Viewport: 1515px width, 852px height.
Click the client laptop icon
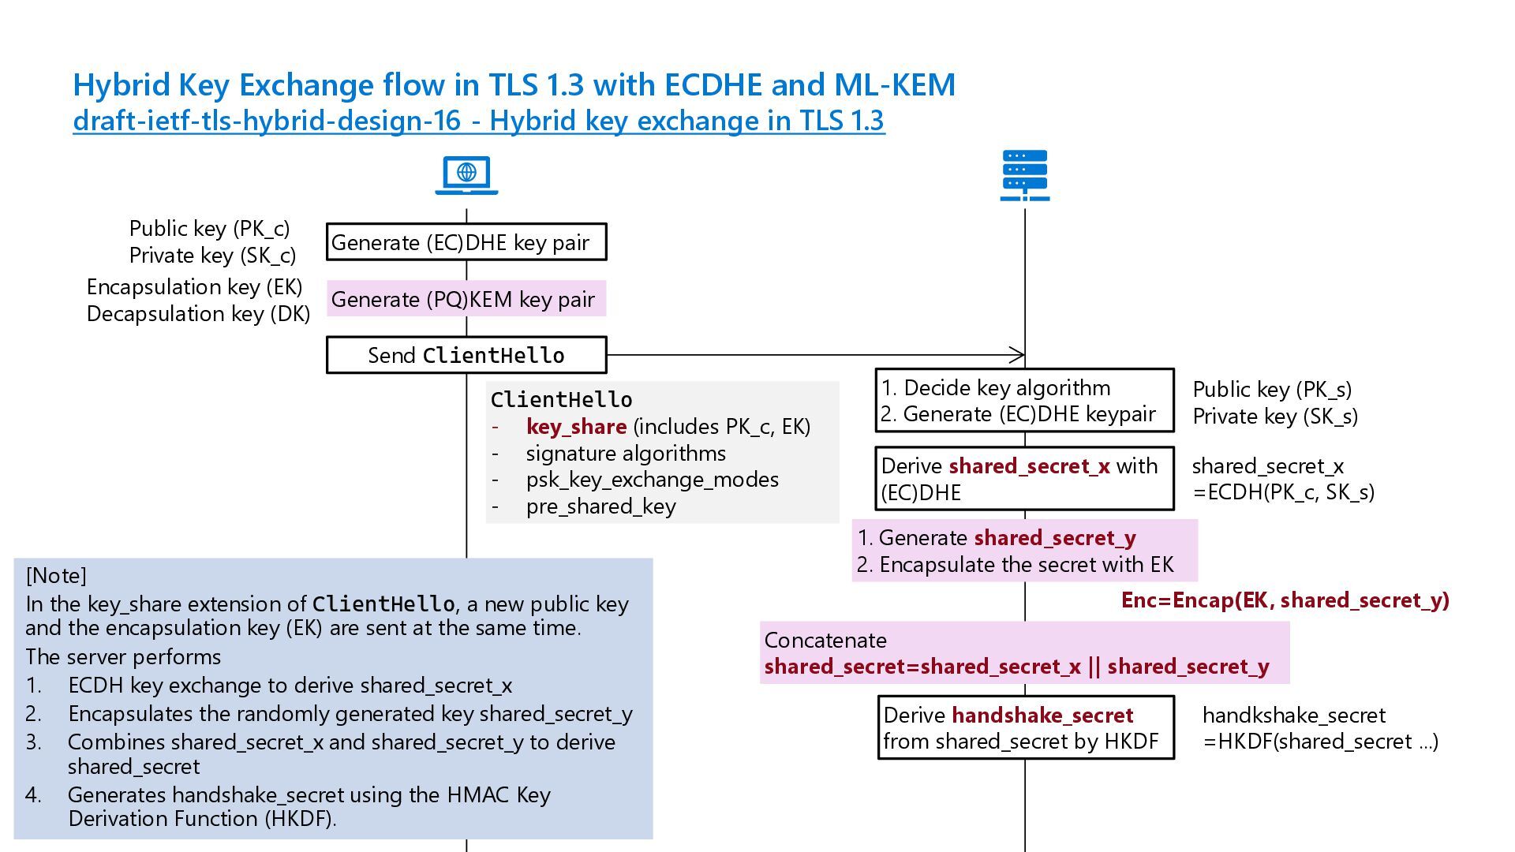[x=466, y=175]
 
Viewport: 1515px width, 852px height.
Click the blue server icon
[x=1025, y=175]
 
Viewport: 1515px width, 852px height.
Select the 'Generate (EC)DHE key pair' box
[x=466, y=242]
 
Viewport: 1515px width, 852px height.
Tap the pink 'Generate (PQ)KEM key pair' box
[x=466, y=299]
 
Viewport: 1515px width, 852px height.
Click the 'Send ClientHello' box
[x=466, y=355]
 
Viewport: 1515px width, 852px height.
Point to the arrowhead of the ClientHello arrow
[x=1023, y=355]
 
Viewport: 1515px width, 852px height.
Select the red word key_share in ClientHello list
[x=576, y=427]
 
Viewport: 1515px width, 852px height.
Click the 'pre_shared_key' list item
[x=600, y=506]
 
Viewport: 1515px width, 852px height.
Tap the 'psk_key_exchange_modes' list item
[x=653, y=480]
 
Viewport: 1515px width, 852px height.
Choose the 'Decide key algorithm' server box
[x=1024, y=401]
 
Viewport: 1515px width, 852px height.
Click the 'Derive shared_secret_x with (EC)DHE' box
[x=1024, y=479]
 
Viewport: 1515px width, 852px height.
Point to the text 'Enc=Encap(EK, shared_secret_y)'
[x=1285, y=600]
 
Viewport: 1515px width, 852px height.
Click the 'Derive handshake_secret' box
[x=1026, y=727]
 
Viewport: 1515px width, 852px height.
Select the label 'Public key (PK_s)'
[x=1272, y=390]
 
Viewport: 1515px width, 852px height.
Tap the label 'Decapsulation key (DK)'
[x=198, y=314]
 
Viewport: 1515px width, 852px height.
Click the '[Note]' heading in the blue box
[x=56, y=576]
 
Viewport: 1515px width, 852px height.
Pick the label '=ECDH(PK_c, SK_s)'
[x=1284, y=492]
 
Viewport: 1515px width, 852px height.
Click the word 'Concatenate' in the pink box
[x=825, y=641]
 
